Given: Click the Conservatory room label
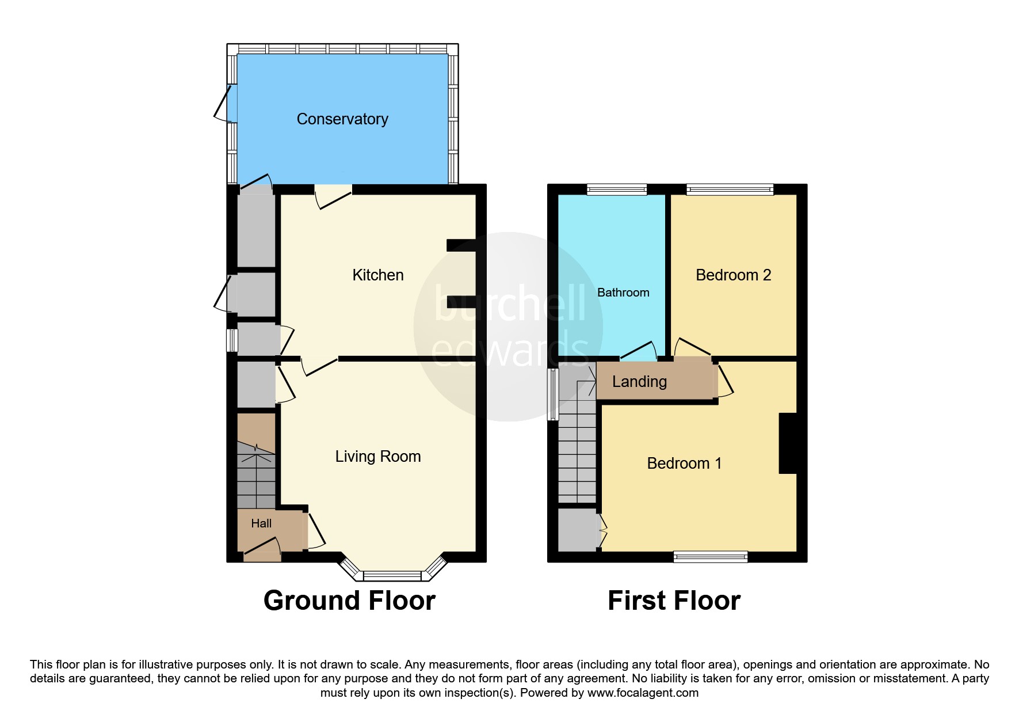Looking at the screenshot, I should pyautogui.click(x=342, y=119).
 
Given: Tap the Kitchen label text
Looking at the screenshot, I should pyautogui.click(x=377, y=275).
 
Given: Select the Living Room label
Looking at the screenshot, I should pyautogui.click(x=378, y=457).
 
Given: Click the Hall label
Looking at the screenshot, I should pyautogui.click(x=261, y=523).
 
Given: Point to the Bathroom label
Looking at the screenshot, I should pyautogui.click(x=623, y=293).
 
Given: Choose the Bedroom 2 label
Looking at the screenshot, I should pyautogui.click(x=733, y=275).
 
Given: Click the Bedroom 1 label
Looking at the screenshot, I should pyautogui.click(x=684, y=464).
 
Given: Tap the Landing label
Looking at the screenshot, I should pyautogui.click(x=639, y=382).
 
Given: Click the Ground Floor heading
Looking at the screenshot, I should pyautogui.click(x=349, y=601).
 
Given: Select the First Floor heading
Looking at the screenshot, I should pyautogui.click(x=674, y=601).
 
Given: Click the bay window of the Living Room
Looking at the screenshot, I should pyautogui.click(x=394, y=575).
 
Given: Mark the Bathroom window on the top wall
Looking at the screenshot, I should pyautogui.click(x=617, y=189).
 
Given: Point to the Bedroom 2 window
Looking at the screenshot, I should pyautogui.click(x=730, y=189).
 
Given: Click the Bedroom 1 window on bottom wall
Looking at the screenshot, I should pyautogui.click(x=711, y=556).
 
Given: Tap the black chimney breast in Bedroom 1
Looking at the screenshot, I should pyautogui.click(x=788, y=443).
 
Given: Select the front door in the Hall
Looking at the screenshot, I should pyautogui.click(x=262, y=549).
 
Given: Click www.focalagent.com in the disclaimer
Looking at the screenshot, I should pyautogui.click(x=643, y=693).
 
